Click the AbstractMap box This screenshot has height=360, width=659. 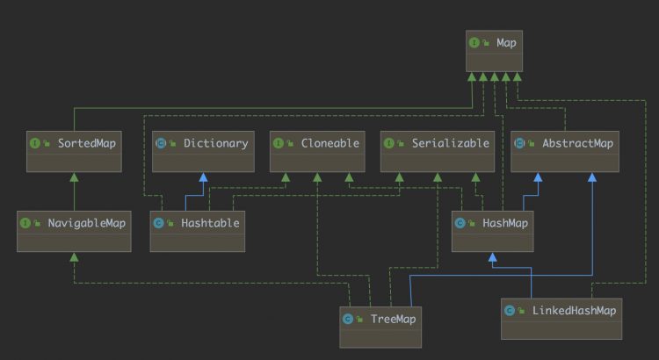point(565,151)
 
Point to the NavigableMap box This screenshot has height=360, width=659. point(74,231)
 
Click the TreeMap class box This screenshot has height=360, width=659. point(381,326)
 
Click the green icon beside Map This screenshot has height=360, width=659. point(474,41)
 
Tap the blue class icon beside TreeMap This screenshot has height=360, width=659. point(348,318)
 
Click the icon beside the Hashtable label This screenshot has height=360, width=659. point(158,223)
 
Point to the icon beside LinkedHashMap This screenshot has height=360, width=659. point(510,310)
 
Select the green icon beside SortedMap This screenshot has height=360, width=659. point(34,142)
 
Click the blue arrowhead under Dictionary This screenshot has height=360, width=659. point(204,176)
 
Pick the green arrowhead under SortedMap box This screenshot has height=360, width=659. point(74,176)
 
